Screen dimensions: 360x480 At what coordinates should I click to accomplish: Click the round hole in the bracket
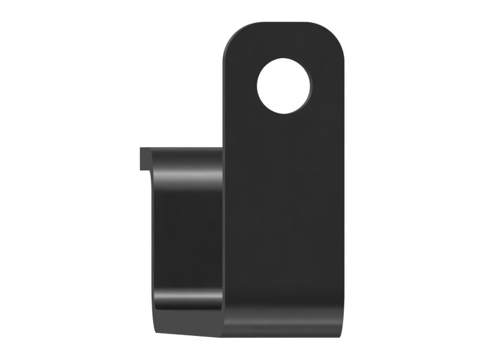tap(284, 86)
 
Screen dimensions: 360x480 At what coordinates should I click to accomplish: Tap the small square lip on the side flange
tap(145, 158)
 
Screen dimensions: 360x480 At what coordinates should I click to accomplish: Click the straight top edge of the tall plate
tap(286, 23)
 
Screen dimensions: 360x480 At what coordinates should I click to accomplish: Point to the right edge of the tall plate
tap(347, 192)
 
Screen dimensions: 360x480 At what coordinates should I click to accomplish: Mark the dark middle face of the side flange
tap(186, 240)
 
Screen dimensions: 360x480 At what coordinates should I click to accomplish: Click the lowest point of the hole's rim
tap(284, 114)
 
